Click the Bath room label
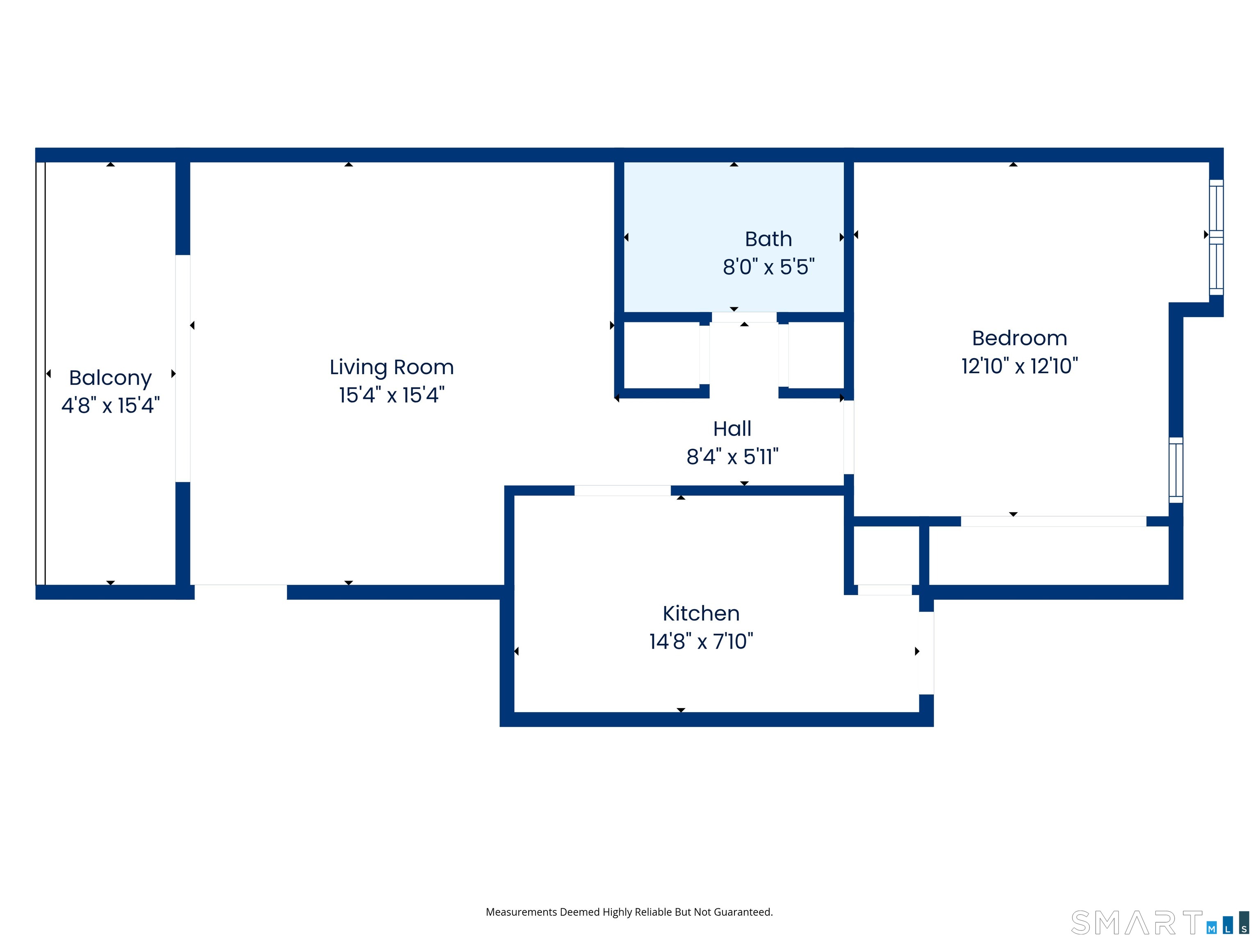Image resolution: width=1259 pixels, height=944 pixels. point(768,239)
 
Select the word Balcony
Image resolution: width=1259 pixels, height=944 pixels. point(110,378)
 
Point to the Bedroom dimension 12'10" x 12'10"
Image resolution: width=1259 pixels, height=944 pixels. point(1019,366)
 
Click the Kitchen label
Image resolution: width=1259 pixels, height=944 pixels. point(701,613)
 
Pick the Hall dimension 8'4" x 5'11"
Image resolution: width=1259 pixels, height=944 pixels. point(732,456)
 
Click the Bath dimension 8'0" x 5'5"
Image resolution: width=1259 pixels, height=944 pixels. point(768,267)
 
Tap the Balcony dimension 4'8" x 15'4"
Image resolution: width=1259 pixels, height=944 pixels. point(110,406)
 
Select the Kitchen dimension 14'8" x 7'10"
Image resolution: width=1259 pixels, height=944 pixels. point(701,641)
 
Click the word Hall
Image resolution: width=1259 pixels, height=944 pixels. point(732,429)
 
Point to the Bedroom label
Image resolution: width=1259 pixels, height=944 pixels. point(1019,338)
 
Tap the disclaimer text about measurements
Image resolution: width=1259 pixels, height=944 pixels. point(629,912)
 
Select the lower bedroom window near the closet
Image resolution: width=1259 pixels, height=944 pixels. point(1175,470)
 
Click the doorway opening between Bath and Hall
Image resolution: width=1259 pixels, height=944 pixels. point(744,318)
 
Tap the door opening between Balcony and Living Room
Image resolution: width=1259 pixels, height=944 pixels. point(183,368)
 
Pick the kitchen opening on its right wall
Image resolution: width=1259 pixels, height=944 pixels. point(926,653)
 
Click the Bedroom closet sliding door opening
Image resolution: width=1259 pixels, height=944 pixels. point(1053,521)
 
